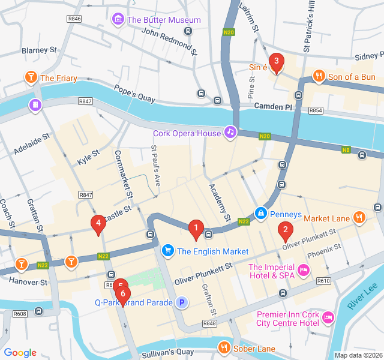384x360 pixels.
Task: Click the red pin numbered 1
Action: (195, 228)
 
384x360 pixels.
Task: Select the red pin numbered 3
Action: (276, 61)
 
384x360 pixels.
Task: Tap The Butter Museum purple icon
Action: (118, 20)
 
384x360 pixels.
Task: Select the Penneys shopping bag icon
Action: (261, 214)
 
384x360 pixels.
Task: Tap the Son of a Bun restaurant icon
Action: (319, 76)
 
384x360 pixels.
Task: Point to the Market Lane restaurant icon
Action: (359, 218)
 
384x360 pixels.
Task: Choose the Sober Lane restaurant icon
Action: (224, 347)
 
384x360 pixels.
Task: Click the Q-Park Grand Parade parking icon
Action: (181, 302)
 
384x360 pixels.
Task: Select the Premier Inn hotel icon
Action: (328, 317)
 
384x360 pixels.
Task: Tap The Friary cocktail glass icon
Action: (29, 77)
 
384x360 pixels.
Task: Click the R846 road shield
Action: (74, 19)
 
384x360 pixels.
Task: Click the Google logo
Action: (20, 353)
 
